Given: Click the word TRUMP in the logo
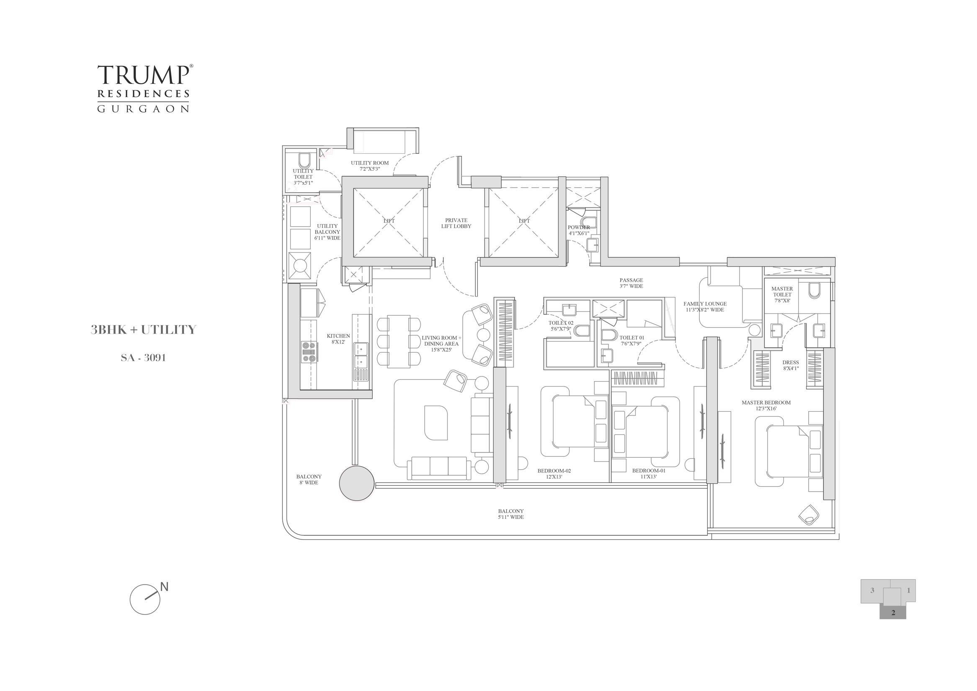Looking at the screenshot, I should (x=143, y=75).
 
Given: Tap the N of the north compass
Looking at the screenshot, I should (x=165, y=587).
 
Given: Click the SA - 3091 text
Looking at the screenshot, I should (x=143, y=358).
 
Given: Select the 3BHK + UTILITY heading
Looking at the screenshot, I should (x=143, y=330).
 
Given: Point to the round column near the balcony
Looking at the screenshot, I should (x=357, y=483).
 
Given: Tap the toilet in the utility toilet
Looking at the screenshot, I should (x=304, y=160).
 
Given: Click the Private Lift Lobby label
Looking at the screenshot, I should (x=456, y=223).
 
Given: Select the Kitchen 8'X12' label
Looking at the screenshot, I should (x=338, y=339).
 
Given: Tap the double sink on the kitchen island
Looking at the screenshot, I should (x=361, y=355).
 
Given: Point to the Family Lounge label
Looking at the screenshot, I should (x=705, y=307).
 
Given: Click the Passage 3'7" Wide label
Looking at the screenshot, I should (x=631, y=284).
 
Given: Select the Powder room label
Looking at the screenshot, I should (x=579, y=230).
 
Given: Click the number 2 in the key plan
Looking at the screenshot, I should (x=893, y=625).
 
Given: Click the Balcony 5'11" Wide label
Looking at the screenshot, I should (x=510, y=514).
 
